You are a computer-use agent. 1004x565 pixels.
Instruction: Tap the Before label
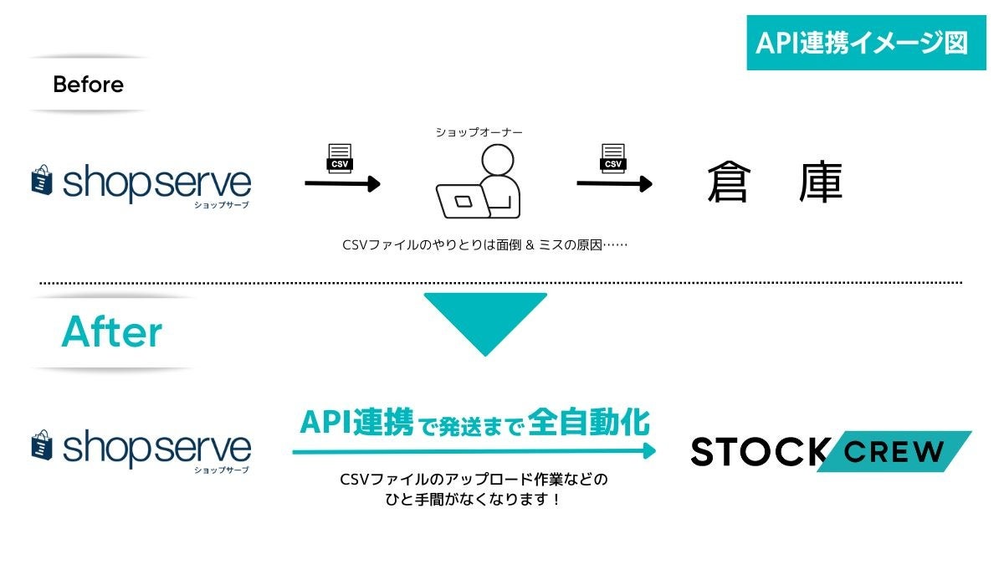[88, 85]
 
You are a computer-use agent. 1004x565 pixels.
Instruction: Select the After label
[111, 332]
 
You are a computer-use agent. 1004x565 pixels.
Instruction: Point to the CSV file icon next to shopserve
[340, 158]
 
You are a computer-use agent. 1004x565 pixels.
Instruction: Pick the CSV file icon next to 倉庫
[613, 158]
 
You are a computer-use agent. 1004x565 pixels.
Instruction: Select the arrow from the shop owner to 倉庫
[615, 183]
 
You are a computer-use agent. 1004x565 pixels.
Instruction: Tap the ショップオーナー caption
[479, 132]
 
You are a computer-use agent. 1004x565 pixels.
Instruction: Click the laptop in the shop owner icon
[463, 202]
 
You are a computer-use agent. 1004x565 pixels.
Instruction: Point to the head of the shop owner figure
[499, 160]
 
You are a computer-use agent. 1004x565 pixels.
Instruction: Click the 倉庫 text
[774, 182]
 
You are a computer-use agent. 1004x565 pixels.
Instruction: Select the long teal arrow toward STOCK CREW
[474, 451]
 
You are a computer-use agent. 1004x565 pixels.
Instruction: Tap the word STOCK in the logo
[757, 452]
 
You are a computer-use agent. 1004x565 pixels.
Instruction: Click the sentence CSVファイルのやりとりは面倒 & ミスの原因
[484, 245]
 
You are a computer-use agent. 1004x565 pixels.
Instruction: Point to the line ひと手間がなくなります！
[473, 500]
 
